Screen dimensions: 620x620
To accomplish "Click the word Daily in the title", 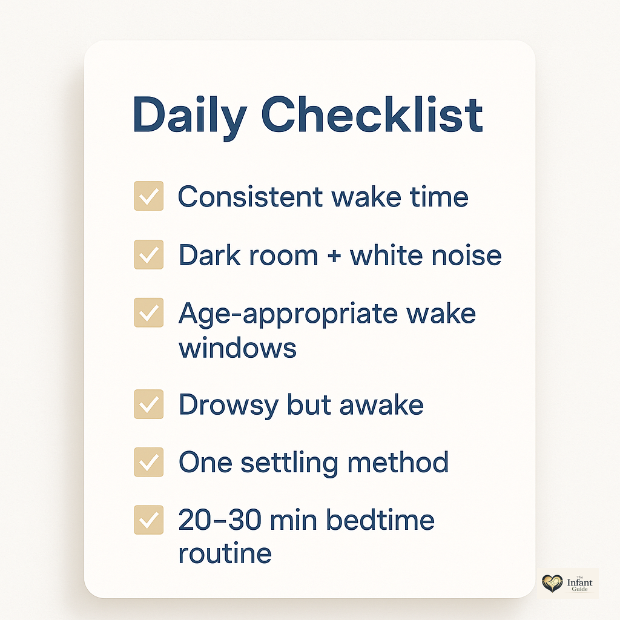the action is [190, 117].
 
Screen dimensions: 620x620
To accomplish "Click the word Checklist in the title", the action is [372, 114].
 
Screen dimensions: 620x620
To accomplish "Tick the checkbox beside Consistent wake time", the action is [149, 196].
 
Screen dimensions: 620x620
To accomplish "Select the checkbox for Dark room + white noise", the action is [149, 255].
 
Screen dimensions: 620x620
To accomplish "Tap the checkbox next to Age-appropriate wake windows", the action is [149, 312].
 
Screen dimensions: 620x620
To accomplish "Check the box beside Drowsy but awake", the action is [149, 404].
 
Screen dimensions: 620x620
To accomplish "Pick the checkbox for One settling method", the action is [149, 462].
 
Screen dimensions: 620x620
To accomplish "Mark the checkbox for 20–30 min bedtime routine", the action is [149, 519].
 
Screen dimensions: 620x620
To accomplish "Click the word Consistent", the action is [250, 197].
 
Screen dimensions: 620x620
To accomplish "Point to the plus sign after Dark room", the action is [334, 256].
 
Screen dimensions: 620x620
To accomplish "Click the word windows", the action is [237, 348].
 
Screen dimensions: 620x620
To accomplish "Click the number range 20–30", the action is [220, 519].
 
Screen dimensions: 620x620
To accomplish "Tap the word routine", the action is [225, 553].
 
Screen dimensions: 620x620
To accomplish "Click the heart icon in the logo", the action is [552, 583].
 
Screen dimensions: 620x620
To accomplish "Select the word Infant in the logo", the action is [579, 583].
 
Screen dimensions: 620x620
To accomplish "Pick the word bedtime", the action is [380, 519].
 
